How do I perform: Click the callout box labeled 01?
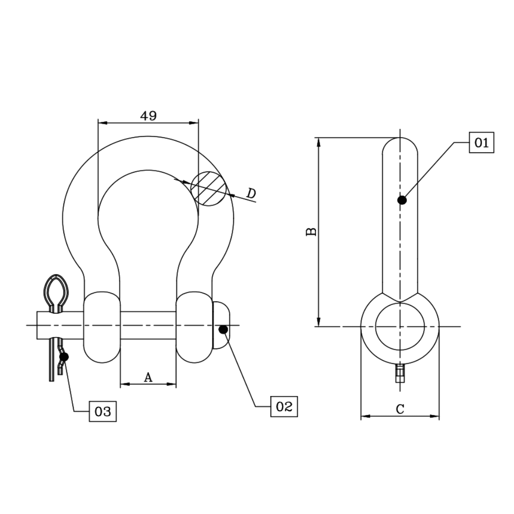pyautogui.click(x=481, y=142)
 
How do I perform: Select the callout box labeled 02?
pyautogui.click(x=284, y=406)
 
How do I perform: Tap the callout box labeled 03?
pyautogui.click(x=103, y=411)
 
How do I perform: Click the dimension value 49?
pyautogui.click(x=148, y=116)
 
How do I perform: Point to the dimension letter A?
pyautogui.click(x=148, y=377)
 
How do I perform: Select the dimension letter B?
pyautogui.click(x=311, y=232)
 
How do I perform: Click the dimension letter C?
pyautogui.click(x=400, y=409)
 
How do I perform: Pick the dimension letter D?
pyautogui.click(x=251, y=193)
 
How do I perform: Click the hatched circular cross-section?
pyautogui.click(x=208, y=188)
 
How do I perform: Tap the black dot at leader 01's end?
pyautogui.click(x=402, y=200)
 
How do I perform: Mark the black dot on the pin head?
pyautogui.click(x=223, y=329)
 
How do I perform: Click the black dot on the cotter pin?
pyautogui.click(x=64, y=356)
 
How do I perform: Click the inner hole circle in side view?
pyautogui.click(x=400, y=326)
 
